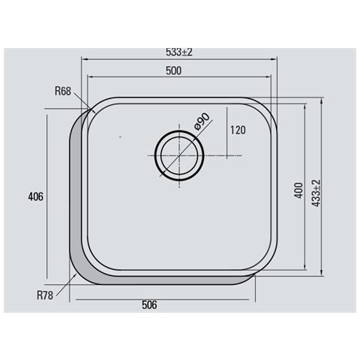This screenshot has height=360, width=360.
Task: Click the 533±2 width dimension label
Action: (179, 52)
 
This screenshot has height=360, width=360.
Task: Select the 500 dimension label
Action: (173, 70)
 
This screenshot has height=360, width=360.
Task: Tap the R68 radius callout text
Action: (63, 91)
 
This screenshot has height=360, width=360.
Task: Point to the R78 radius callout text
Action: (45, 295)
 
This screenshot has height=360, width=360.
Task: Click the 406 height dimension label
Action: (36, 196)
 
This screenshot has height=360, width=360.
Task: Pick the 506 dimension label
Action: (149, 305)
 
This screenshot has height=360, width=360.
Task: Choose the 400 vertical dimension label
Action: (298, 190)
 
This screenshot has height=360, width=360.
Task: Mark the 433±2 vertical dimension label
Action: (316, 193)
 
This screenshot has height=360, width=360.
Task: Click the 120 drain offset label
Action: (238, 130)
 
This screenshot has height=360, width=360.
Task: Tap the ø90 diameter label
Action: (202, 121)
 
